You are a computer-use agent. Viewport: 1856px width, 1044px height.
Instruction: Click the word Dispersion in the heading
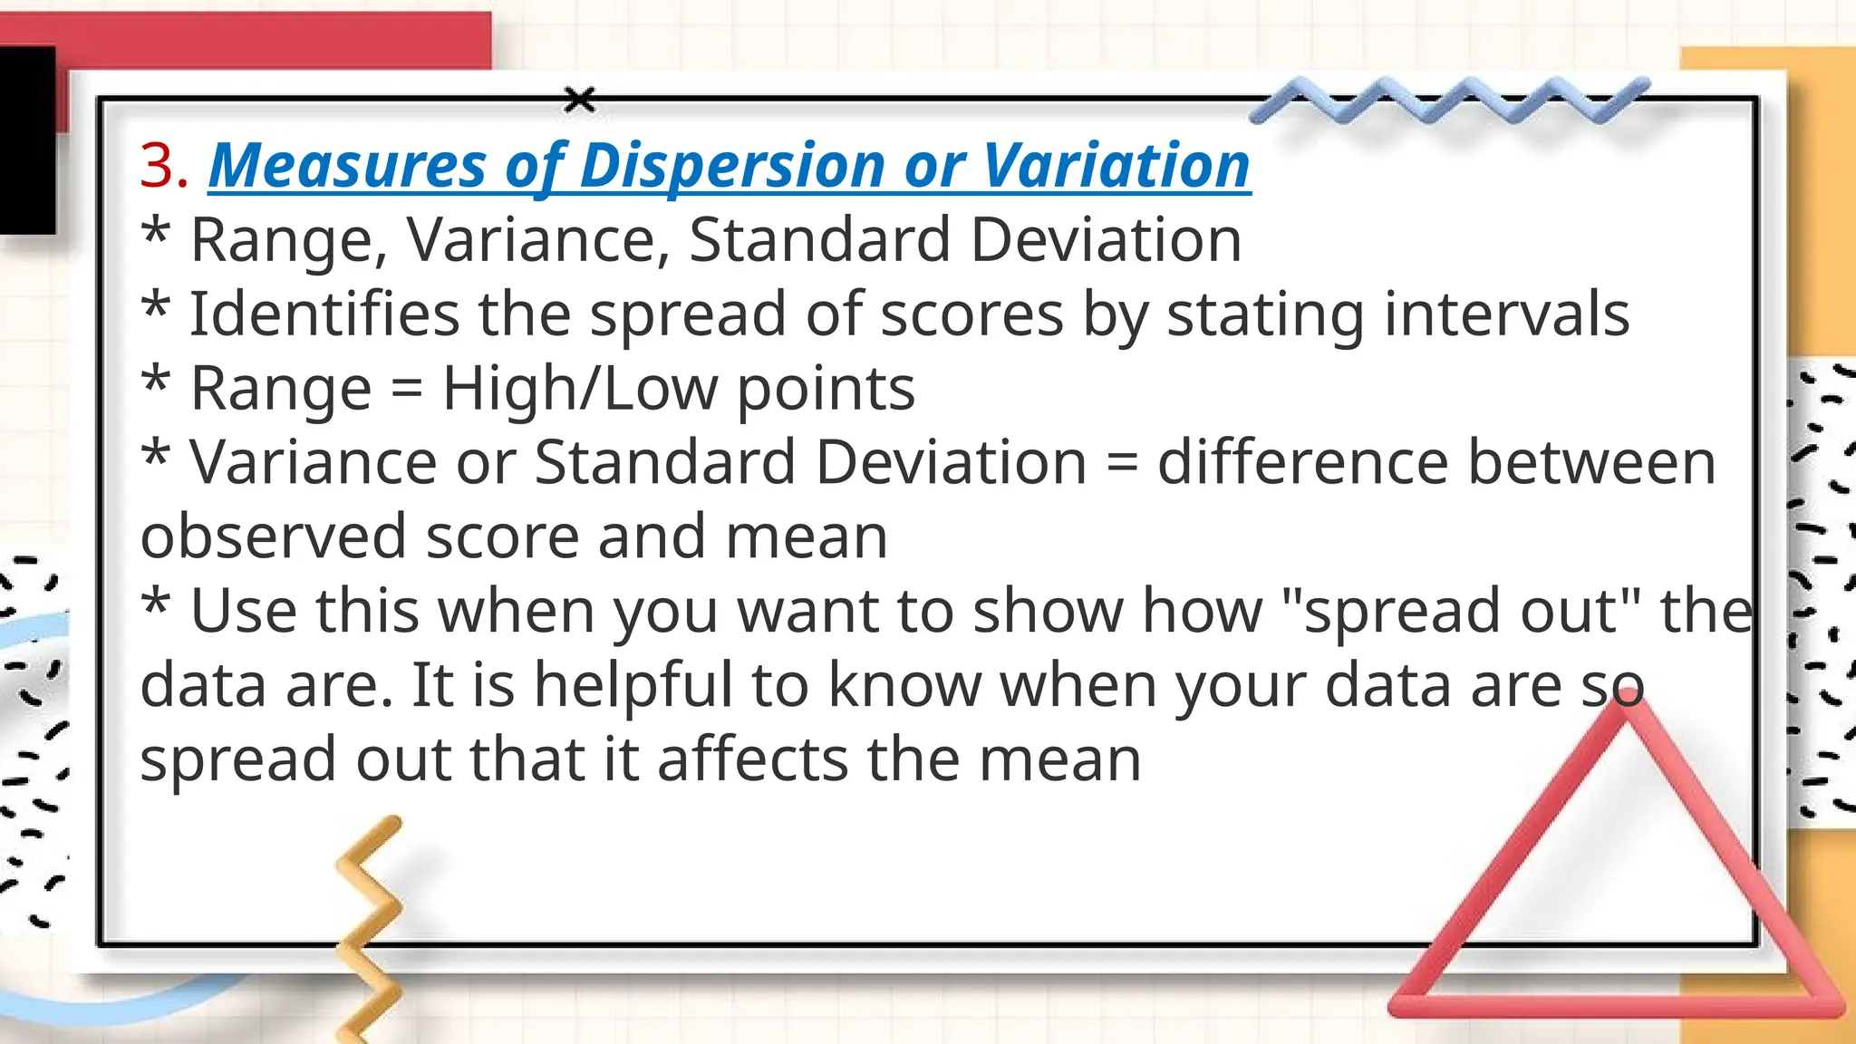pyautogui.click(x=731, y=167)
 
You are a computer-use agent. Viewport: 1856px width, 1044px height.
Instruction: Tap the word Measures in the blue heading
pyautogui.click(x=348, y=167)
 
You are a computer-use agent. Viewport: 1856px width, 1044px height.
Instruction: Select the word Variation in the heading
pyautogui.click(x=1116, y=167)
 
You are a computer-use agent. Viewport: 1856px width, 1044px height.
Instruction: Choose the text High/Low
pyautogui.click(x=579, y=389)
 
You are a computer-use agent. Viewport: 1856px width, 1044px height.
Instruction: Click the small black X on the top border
pyautogui.click(x=580, y=100)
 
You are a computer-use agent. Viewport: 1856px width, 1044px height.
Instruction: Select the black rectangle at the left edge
pyautogui.click(x=27, y=140)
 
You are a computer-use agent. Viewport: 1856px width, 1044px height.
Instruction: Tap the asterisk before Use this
pyautogui.click(x=156, y=604)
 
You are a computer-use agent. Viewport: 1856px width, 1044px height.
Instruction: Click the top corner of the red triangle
pyautogui.click(x=1629, y=706)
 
